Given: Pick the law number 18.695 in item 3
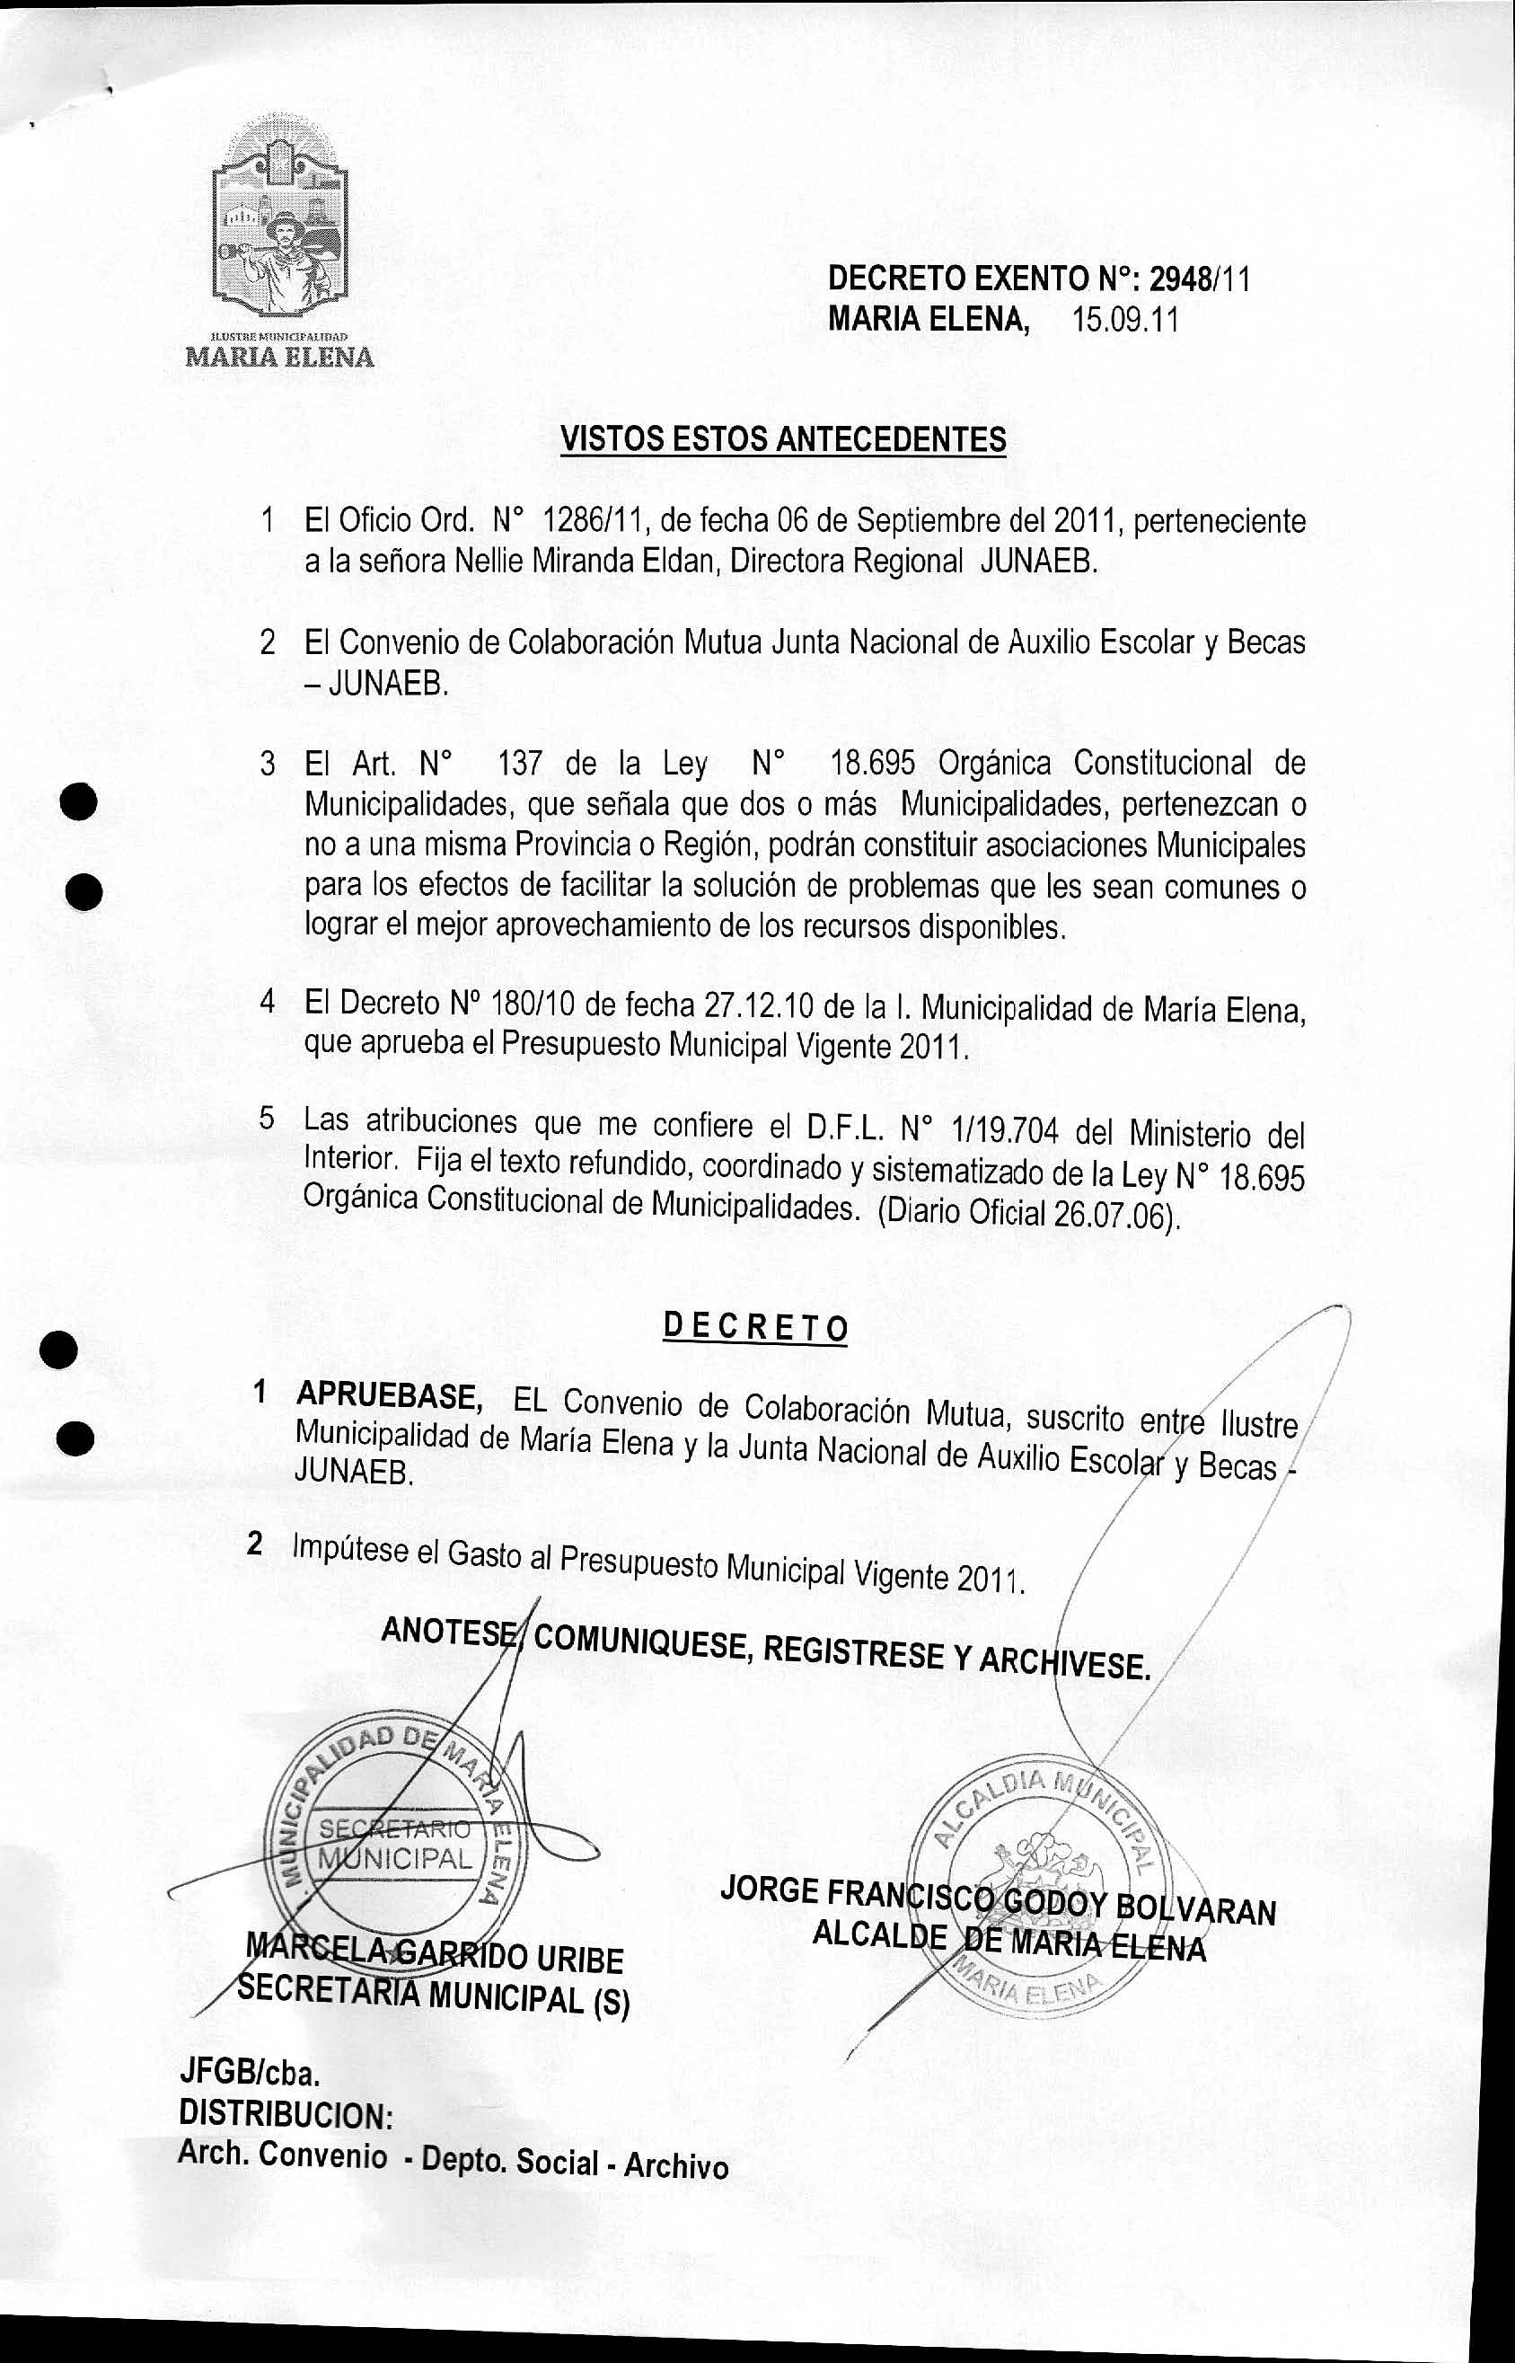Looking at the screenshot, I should pyautogui.click(x=873, y=763).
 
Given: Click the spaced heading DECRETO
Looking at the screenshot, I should pyautogui.click(x=754, y=1328).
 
